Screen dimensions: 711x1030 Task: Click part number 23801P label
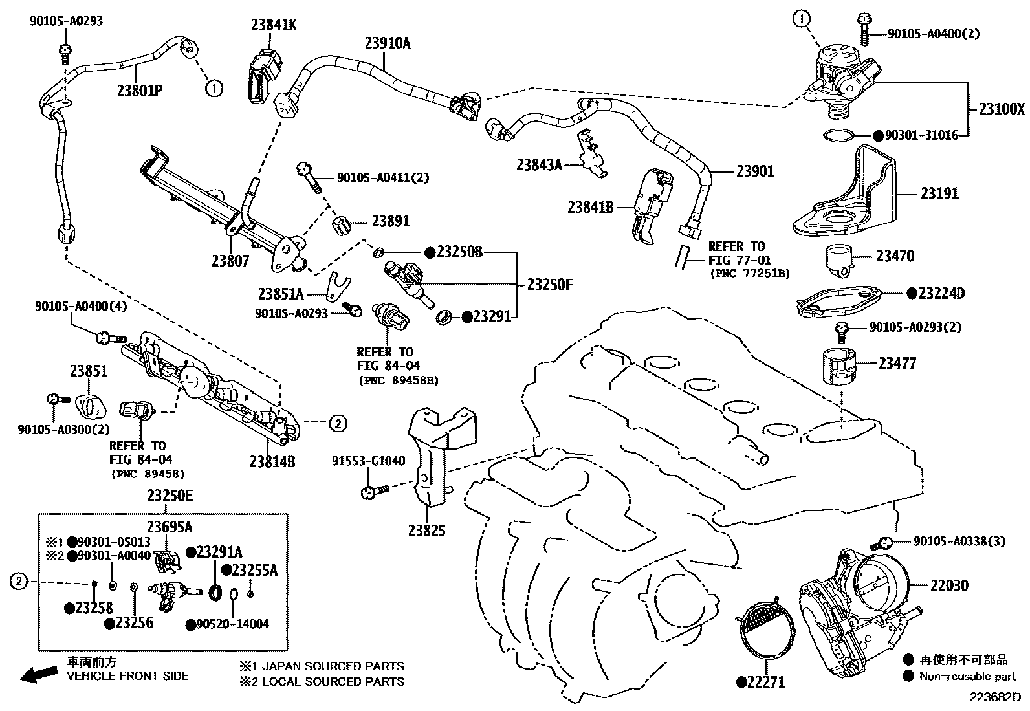point(139,89)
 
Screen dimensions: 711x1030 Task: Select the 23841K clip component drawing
point(265,77)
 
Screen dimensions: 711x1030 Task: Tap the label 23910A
point(388,43)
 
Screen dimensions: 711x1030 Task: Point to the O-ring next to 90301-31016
point(839,135)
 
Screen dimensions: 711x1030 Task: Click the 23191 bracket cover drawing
point(844,194)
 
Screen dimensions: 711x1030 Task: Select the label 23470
point(895,256)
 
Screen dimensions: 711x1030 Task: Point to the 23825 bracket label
point(426,531)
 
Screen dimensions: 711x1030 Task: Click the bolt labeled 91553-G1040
point(373,492)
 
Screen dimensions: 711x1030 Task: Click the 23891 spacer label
point(390,221)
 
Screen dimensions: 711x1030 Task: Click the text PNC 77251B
point(748,274)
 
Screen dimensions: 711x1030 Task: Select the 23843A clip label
point(539,164)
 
